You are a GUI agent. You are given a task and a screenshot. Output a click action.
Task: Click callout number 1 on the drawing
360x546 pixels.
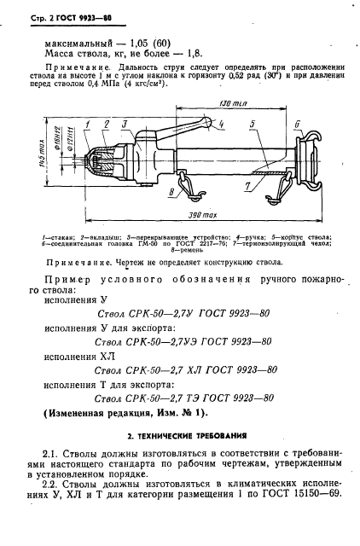86,125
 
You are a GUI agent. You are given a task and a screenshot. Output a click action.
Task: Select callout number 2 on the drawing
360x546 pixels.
107,125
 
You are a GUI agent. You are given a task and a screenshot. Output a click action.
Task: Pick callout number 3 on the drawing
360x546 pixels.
125,125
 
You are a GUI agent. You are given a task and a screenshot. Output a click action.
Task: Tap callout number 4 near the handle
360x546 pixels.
220,125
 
